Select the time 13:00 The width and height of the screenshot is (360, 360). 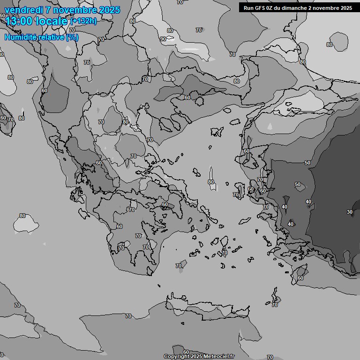point(21,21)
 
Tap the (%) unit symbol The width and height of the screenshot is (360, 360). point(72,37)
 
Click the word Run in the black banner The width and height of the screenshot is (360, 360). point(249,8)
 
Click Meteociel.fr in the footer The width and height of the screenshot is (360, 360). point(218,356)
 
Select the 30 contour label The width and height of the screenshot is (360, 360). point(349,212)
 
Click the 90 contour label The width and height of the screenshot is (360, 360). point(163,39)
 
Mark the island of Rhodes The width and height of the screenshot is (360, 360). point(300,272)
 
